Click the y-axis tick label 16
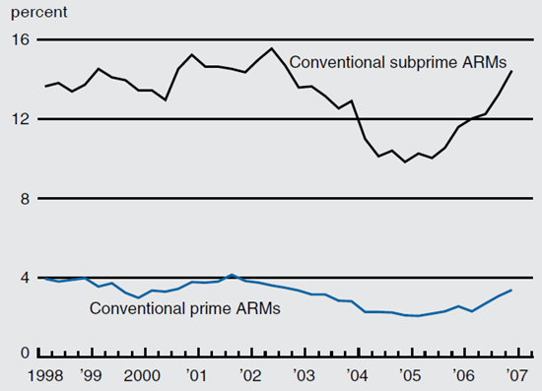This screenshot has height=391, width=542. point(19,40)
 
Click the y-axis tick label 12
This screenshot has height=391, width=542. point(19,119)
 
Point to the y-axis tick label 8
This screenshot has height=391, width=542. point(23,199)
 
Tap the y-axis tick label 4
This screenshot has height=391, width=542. point(23,279)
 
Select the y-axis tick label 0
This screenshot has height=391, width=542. point(23,353)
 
